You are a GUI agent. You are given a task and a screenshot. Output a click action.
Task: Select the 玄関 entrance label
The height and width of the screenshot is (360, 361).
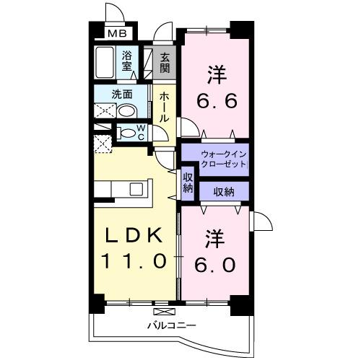[165, 63]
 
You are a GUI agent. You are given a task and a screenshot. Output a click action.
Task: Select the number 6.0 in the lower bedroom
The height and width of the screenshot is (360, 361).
[214, 265]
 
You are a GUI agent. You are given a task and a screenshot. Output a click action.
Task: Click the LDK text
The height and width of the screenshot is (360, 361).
[134, 237]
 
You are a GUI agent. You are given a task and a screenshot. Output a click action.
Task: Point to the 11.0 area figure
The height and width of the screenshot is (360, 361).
[134, 260]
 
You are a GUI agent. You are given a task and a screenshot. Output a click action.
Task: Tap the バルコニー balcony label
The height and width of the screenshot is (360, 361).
[165, 326]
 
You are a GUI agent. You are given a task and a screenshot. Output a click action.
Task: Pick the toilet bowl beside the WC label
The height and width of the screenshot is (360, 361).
[126, 132]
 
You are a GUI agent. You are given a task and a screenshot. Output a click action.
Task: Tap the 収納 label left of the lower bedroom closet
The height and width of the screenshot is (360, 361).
[188, 182]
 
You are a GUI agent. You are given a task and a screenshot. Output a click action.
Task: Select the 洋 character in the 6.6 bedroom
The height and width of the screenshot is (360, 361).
[214, 74]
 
